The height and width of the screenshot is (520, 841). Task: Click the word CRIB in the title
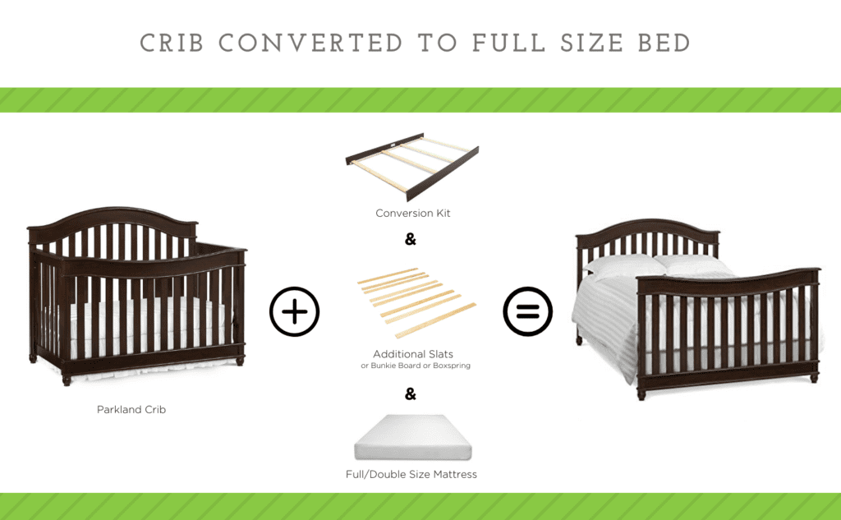point(173,43)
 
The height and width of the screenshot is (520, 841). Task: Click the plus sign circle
point(294,312)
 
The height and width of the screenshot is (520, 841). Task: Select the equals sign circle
point(527,312)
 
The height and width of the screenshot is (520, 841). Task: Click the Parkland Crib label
point(131,409)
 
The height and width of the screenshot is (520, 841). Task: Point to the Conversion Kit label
point(412,214)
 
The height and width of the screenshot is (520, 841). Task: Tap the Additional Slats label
point(412,354)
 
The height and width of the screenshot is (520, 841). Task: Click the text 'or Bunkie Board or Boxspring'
point(416,366)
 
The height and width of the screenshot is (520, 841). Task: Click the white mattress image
point(412,438)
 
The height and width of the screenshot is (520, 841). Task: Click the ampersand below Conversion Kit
point(411,240)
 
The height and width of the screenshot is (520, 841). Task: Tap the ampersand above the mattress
point(411,394)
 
